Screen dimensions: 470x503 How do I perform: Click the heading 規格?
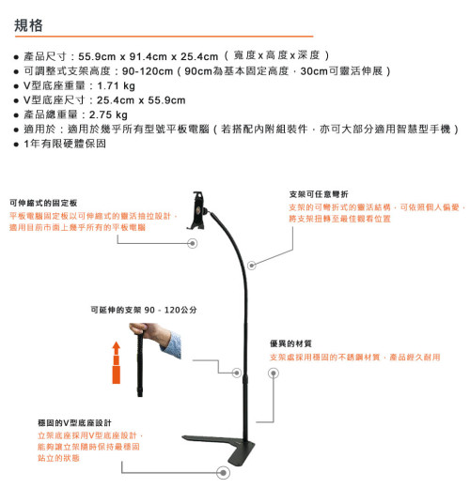(x=28, y=25)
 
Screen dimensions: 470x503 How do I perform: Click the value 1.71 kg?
(x=116, y=85)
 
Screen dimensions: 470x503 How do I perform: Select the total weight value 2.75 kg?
(x=108, y=114)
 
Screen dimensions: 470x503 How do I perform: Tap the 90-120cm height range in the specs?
(x=148, y=71)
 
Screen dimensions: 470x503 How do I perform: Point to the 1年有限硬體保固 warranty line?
(x=65, y=144)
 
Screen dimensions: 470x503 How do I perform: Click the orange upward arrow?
(x=117, y=362)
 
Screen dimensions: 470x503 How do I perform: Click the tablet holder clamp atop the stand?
(x=197, y=210)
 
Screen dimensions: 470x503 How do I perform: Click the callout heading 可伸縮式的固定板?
(x=43, y=203)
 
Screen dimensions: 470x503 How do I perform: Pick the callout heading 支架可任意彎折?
(x=319, y=194)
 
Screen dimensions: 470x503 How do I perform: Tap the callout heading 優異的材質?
(x=290, y=343)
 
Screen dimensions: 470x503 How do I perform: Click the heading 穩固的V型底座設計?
(x=74, y=423)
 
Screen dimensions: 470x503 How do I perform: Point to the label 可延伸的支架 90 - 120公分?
(x=144, y=310)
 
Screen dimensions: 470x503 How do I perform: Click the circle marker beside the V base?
(x=223, y=473)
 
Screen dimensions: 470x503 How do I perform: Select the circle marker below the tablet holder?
(x=193, y=243)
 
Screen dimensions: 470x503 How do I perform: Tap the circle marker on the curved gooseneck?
(x=252, y=266)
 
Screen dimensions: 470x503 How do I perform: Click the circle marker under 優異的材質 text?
(x=274, y=373)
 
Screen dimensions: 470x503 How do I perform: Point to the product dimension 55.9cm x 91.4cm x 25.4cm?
(x=149, y=56)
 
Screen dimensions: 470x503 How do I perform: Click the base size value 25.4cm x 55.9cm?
(x=141, y=100)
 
